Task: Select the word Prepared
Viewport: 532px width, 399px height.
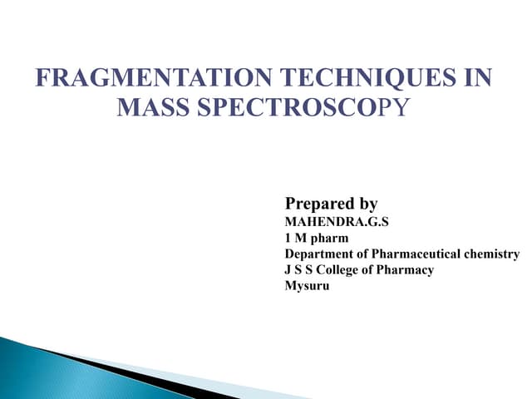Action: click(319, 204)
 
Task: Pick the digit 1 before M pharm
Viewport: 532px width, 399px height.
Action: click(288, 239)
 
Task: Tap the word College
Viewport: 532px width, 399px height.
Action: click(347, 270)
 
